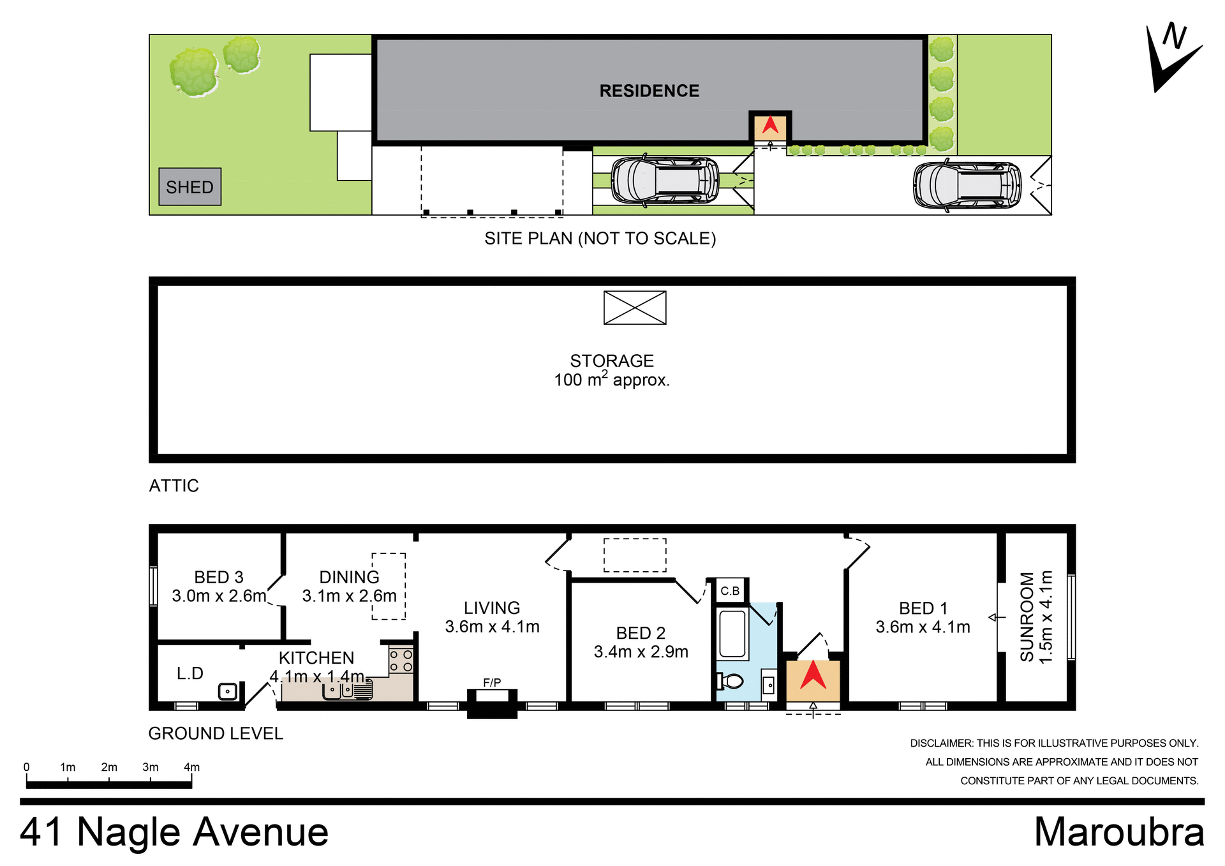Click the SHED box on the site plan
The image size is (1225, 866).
(x=189, y=187)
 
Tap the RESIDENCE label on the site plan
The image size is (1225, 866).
(x=649, y=91)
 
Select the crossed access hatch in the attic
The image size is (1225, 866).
(x=635, y=308)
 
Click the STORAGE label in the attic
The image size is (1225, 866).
(x=611, y=361)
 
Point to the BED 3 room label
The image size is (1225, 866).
(x=218, y=578)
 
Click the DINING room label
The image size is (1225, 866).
(x=349, y=578)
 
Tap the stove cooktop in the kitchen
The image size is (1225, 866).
(x=401, y=661)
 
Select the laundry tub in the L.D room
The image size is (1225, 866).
(x=227, y=691)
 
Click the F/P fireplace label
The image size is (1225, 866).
(x=491, y=683)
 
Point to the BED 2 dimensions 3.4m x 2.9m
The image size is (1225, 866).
(x=641, y=652)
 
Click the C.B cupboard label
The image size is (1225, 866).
(x=730, y=591)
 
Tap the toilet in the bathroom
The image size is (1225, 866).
(x=731, y=682)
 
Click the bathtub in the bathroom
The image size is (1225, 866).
(x=732, y=634)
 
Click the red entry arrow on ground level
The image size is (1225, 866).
(x=813, y=676)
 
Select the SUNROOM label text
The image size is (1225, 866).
(x=1027, y=616)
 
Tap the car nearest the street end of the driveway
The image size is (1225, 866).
(x=966, y=185)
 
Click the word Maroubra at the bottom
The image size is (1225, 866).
(x=1118, y=832)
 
